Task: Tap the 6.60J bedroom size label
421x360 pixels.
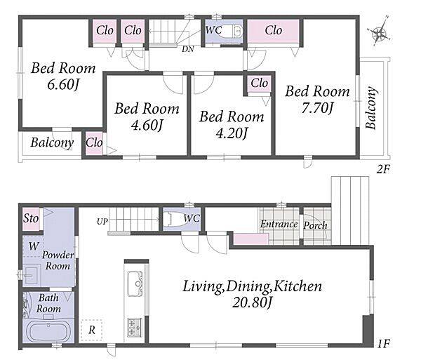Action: point(63,85)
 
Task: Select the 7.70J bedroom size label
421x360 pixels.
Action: point(317,109)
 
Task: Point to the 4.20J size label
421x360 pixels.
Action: point(232,133)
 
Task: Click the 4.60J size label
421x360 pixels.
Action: point(147,125)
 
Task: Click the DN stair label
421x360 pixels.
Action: point(187,49)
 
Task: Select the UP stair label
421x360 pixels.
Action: point(102,222)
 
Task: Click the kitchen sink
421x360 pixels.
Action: point(135,284)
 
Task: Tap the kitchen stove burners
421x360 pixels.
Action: point(135,327)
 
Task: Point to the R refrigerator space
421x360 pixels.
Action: point(92,330)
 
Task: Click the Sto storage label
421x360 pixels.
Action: point(31,218)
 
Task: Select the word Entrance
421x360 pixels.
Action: point(279,224)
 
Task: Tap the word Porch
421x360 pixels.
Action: point(316,225)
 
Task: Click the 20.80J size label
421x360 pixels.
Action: point(252,303)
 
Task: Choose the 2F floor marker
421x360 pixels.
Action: point(382,170)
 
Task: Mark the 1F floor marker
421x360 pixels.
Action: point(383,344)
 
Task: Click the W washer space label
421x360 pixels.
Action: point(34,246)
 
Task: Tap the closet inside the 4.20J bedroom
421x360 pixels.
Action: point(259,84)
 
